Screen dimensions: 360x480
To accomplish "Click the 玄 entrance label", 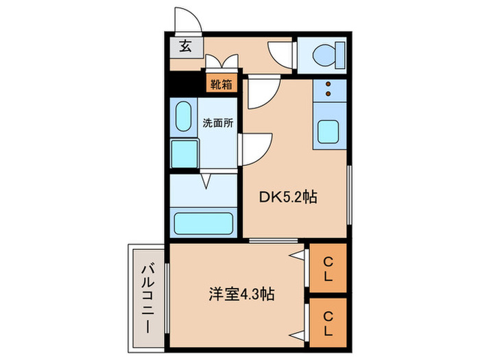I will pos(185,47).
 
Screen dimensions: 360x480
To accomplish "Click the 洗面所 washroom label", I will pos(218,123).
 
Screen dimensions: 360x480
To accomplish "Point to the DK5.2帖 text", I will pos(287,197).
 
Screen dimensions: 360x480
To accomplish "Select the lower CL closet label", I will pos(328,321).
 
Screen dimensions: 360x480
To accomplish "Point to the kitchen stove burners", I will pos(328,89).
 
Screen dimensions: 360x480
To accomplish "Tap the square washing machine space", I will pos(183,152).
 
